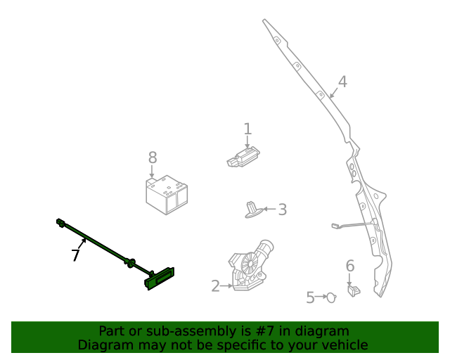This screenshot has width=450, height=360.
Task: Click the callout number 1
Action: pos(247,129)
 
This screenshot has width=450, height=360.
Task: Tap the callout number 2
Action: pos(216,285)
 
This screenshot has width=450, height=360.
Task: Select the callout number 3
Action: pos(282,209)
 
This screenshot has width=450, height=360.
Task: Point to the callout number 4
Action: pos(342,82)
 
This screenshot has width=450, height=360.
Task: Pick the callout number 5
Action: pos(310,297)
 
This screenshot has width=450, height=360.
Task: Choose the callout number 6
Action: pos(349,266)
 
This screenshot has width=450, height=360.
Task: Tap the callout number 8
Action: pos(153,157)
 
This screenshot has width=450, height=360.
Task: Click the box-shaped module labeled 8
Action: pos(167,194)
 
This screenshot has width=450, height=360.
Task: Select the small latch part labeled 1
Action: pos(243,157)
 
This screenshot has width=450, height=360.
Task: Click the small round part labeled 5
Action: pos(330,297)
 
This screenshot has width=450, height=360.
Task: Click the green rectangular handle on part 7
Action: pos(160,278)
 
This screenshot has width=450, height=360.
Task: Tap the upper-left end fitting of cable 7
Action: pos(60,224)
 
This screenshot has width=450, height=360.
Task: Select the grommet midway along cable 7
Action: pos(130,263)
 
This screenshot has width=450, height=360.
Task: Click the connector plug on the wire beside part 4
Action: pos(335,226)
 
